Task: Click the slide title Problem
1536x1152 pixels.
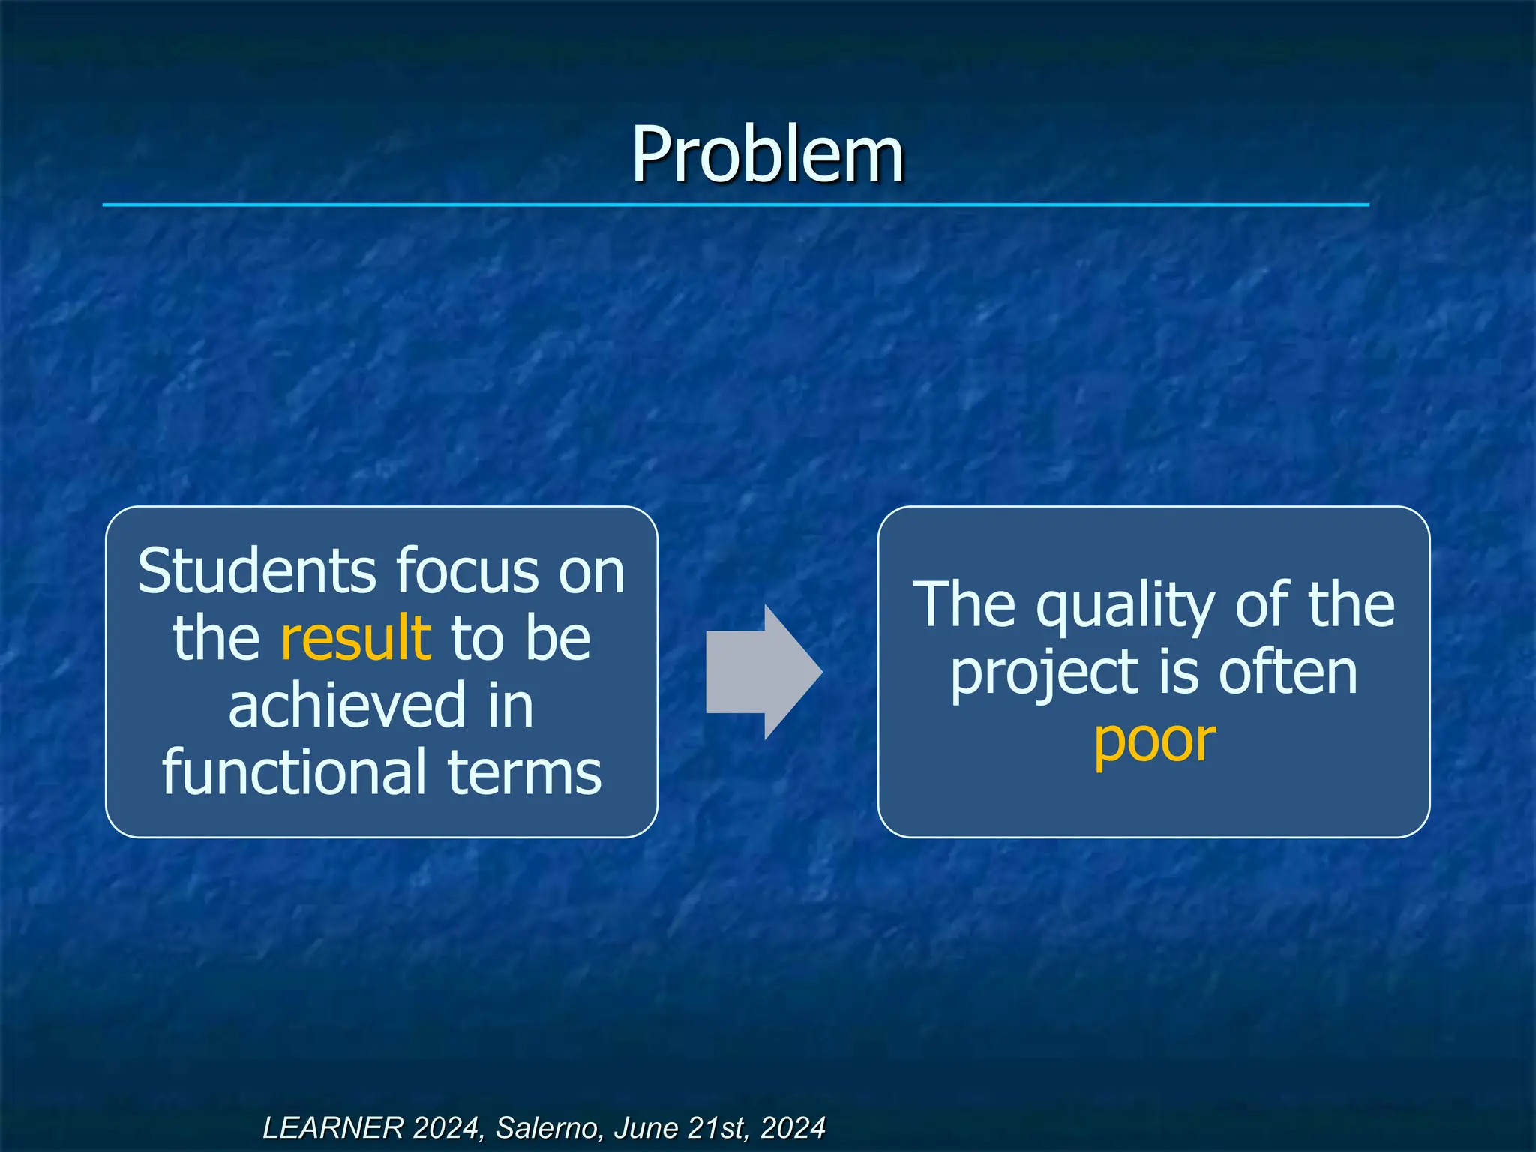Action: click(767, 154)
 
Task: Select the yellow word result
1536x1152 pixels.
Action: click(355, 637)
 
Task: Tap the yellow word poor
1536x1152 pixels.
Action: click(1154, 741)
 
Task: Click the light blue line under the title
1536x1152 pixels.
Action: click(735, 205)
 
